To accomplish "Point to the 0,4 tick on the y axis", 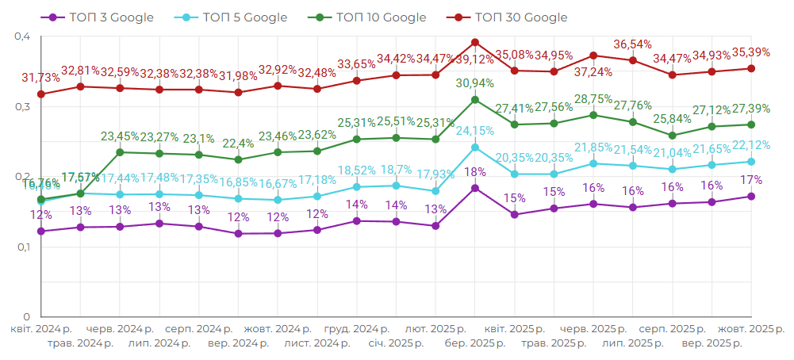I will pos(22,36).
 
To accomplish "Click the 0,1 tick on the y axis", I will pos(22,247).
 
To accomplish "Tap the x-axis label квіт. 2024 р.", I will pos(41,328).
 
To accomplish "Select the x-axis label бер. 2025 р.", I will pos(475,343).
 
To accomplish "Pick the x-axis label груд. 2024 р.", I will pos(357,328).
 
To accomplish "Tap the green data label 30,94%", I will pos(475,83).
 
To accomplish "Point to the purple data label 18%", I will pos(475,172).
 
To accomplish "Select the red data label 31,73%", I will pos(40,78).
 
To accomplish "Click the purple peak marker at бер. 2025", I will pos(475,188).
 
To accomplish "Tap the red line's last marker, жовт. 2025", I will pos(751,68).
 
